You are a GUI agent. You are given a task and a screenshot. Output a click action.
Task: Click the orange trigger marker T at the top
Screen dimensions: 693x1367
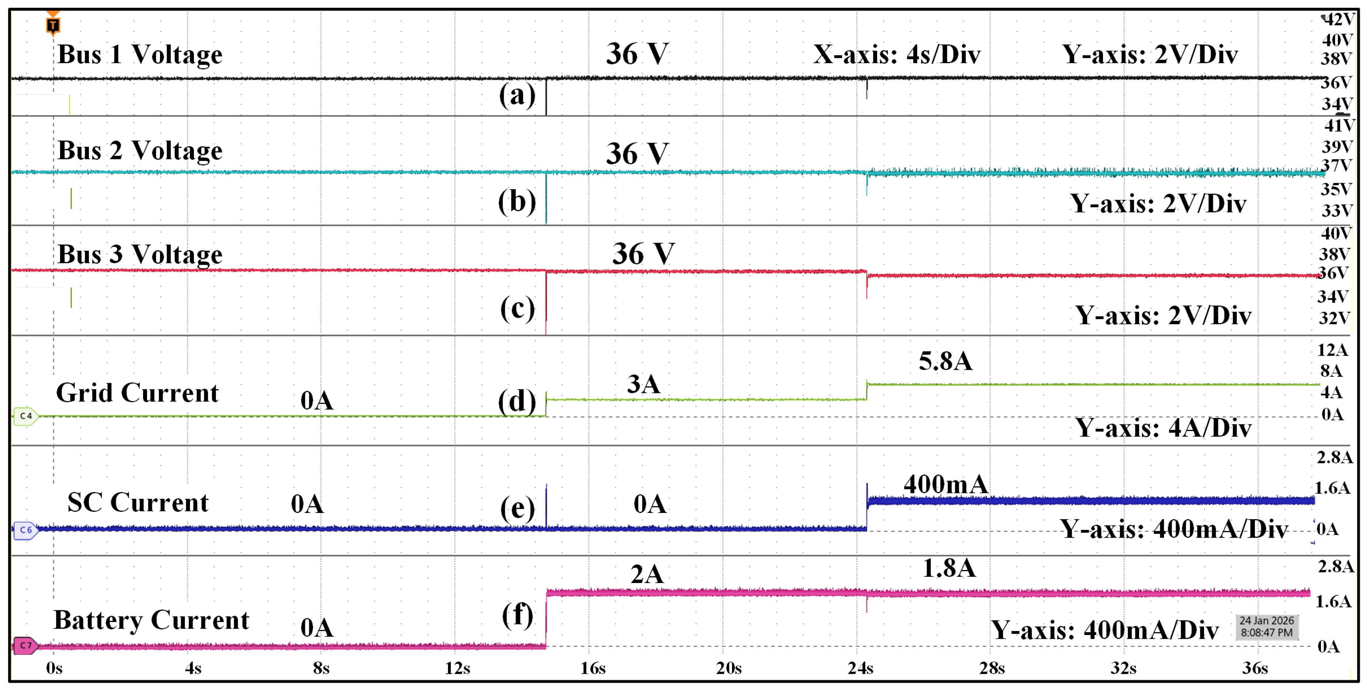click(x=52, y=24)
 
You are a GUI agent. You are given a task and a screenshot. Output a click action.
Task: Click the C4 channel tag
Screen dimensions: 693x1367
click(x=25, y=416)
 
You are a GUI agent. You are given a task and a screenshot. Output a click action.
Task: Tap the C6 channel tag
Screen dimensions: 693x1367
click(x=25, y=530)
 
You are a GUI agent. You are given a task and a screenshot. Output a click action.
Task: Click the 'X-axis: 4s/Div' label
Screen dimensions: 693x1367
click(x=896, y=54)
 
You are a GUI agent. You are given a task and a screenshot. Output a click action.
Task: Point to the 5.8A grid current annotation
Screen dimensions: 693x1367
click(x=945, y=361)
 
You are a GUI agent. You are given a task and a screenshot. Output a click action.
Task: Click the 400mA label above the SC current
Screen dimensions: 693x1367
click(x=945, y=484)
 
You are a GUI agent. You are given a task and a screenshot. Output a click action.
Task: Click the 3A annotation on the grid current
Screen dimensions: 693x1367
click(x=643, y=383)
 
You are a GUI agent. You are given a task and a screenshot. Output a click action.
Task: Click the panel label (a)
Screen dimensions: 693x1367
click(x=517, y=95)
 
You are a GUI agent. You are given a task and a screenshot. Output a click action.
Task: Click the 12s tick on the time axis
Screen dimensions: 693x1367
click(x=457, y=668)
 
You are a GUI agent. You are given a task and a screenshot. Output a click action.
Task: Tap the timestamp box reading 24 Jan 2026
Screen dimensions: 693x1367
click(x=1266, y=627)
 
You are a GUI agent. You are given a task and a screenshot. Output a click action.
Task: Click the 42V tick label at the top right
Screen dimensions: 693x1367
click(x=1338, y=20)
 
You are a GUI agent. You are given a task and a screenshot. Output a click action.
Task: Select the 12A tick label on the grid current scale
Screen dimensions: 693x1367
click(x=1332, y=349)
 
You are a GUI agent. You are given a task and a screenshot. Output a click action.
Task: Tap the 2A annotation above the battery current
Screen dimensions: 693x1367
click(x=646, y=574)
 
